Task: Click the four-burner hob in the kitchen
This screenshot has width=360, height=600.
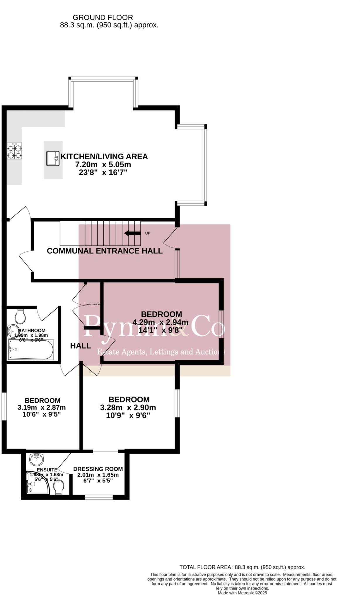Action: tap(15, 151)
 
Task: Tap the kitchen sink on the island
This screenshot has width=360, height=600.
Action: tap(53, 158)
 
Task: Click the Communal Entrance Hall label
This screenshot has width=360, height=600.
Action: tap(105, 251)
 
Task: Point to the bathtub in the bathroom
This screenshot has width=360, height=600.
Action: tap(31, 350)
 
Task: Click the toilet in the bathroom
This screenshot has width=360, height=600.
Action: tap(21, 316)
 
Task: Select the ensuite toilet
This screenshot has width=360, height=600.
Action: tap(59, 487)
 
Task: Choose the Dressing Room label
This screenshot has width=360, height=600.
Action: tap(98, 469)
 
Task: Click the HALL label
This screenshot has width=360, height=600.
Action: tap(81, 346)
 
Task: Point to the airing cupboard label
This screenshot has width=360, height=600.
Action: tap(93, 304)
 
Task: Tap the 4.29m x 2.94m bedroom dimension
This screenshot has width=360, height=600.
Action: tap(160, 322)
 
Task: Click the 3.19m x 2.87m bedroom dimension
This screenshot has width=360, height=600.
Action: tap(42, 408)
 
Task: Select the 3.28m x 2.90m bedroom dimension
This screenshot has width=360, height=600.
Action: tap(128, 408)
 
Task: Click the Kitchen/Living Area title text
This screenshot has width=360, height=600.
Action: tap(104, 156)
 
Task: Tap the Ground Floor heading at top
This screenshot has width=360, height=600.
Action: tap(103, 18)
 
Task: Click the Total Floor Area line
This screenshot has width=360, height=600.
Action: tap(242, 567)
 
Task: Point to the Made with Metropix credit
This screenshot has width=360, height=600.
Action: tap(242, 593)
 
